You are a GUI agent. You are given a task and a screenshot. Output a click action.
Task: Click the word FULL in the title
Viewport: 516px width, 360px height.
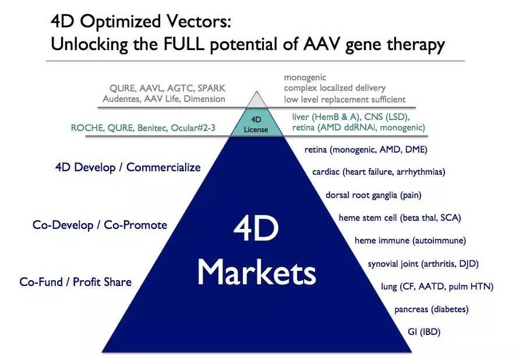pos(183,44)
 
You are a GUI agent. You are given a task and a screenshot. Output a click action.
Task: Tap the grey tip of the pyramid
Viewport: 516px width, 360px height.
pos(257,101)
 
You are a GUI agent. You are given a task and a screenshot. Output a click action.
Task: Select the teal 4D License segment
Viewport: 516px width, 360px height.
pos(256,122)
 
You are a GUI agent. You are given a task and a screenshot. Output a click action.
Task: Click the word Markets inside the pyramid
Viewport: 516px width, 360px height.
pos(257,272)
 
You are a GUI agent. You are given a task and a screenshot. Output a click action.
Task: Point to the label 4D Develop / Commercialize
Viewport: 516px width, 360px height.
pos(128,167)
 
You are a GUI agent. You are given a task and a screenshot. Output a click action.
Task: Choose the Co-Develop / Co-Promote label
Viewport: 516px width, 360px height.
pos(100,225)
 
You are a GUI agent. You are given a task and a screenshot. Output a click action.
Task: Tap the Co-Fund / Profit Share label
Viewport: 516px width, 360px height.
pos(75,282)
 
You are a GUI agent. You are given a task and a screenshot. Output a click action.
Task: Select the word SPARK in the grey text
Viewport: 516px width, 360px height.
pos(211,88)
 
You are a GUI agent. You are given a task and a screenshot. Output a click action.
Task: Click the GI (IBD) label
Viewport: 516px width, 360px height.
pos(424,331)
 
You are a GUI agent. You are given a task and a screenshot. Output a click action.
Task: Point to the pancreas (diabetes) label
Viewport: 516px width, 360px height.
pos(432,309)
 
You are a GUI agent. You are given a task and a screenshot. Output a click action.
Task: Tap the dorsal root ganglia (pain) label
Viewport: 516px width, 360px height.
pos(373,195)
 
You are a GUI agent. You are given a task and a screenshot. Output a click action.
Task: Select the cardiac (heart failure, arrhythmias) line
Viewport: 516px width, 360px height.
pos(379,172)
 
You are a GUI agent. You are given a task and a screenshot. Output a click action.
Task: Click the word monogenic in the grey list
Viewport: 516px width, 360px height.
pos(305,77)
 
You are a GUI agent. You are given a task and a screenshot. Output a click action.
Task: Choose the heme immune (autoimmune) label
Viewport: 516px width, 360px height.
pos(411,241)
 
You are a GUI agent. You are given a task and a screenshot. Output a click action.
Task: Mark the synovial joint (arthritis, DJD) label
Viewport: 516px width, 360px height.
pos(423,264)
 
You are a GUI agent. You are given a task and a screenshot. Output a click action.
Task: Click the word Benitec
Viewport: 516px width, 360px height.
pos(153,128)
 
